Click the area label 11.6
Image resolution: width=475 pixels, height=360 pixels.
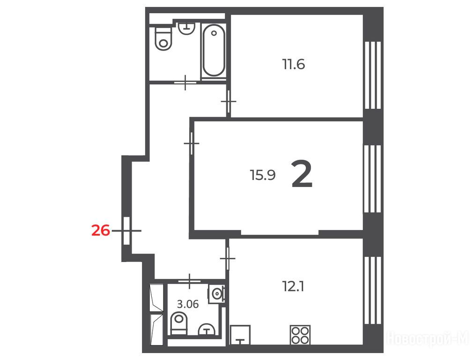(294, 64)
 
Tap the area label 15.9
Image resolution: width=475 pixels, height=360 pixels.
(263, 175)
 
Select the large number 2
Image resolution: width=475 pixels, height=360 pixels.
(302, 174)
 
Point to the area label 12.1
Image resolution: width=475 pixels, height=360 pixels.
(293, 286)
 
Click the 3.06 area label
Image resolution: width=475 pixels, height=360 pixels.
(188, 304)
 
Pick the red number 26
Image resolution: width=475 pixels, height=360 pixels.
(101, 231)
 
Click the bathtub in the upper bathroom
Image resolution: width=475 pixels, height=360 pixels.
(214, 51)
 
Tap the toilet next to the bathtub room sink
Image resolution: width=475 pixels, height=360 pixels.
(163, 38)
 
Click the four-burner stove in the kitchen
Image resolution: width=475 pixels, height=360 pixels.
(300, 335)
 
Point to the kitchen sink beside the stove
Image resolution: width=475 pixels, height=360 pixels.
(240, 335)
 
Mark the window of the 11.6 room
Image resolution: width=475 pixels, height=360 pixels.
(372, 75)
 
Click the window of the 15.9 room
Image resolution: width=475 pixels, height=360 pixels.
(372, 179)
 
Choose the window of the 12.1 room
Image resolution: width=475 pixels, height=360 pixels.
(372, 291)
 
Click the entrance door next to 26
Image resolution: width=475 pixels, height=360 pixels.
(127, 231)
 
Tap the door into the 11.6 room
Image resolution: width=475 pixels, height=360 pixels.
(229, 102)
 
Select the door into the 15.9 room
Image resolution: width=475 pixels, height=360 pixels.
(192, 143)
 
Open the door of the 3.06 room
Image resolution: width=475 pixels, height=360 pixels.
(189, 281)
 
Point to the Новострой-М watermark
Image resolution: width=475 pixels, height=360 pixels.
(428, 338)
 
